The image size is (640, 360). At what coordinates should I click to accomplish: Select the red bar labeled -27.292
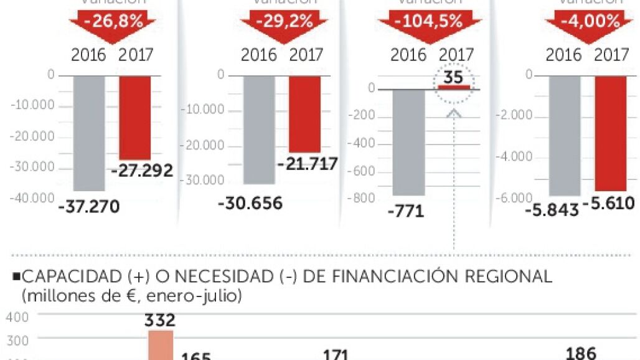point(134,118)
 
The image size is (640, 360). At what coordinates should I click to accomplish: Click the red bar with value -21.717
point(304,114)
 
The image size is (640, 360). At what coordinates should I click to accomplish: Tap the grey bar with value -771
point(408,142)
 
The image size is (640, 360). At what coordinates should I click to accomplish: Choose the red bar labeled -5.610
point(611,133)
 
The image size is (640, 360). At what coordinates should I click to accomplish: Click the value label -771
point(405,211)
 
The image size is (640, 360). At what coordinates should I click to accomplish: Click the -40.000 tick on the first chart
point(32,198)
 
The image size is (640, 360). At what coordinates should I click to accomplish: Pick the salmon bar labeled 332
point(161,345)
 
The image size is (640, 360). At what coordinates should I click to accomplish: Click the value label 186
point(580,352)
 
